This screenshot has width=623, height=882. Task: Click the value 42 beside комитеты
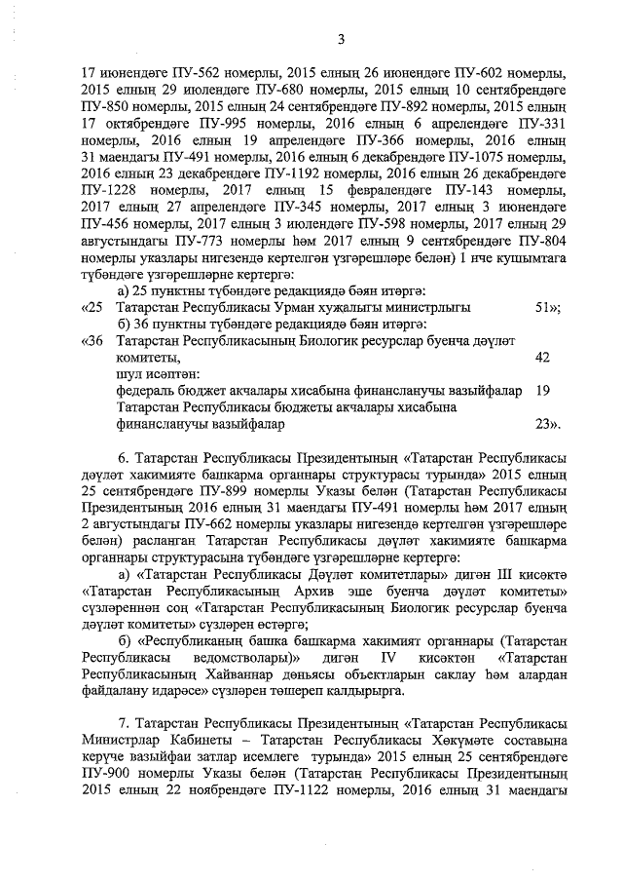point(543,358)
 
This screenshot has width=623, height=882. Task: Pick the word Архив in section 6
point(322,592)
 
